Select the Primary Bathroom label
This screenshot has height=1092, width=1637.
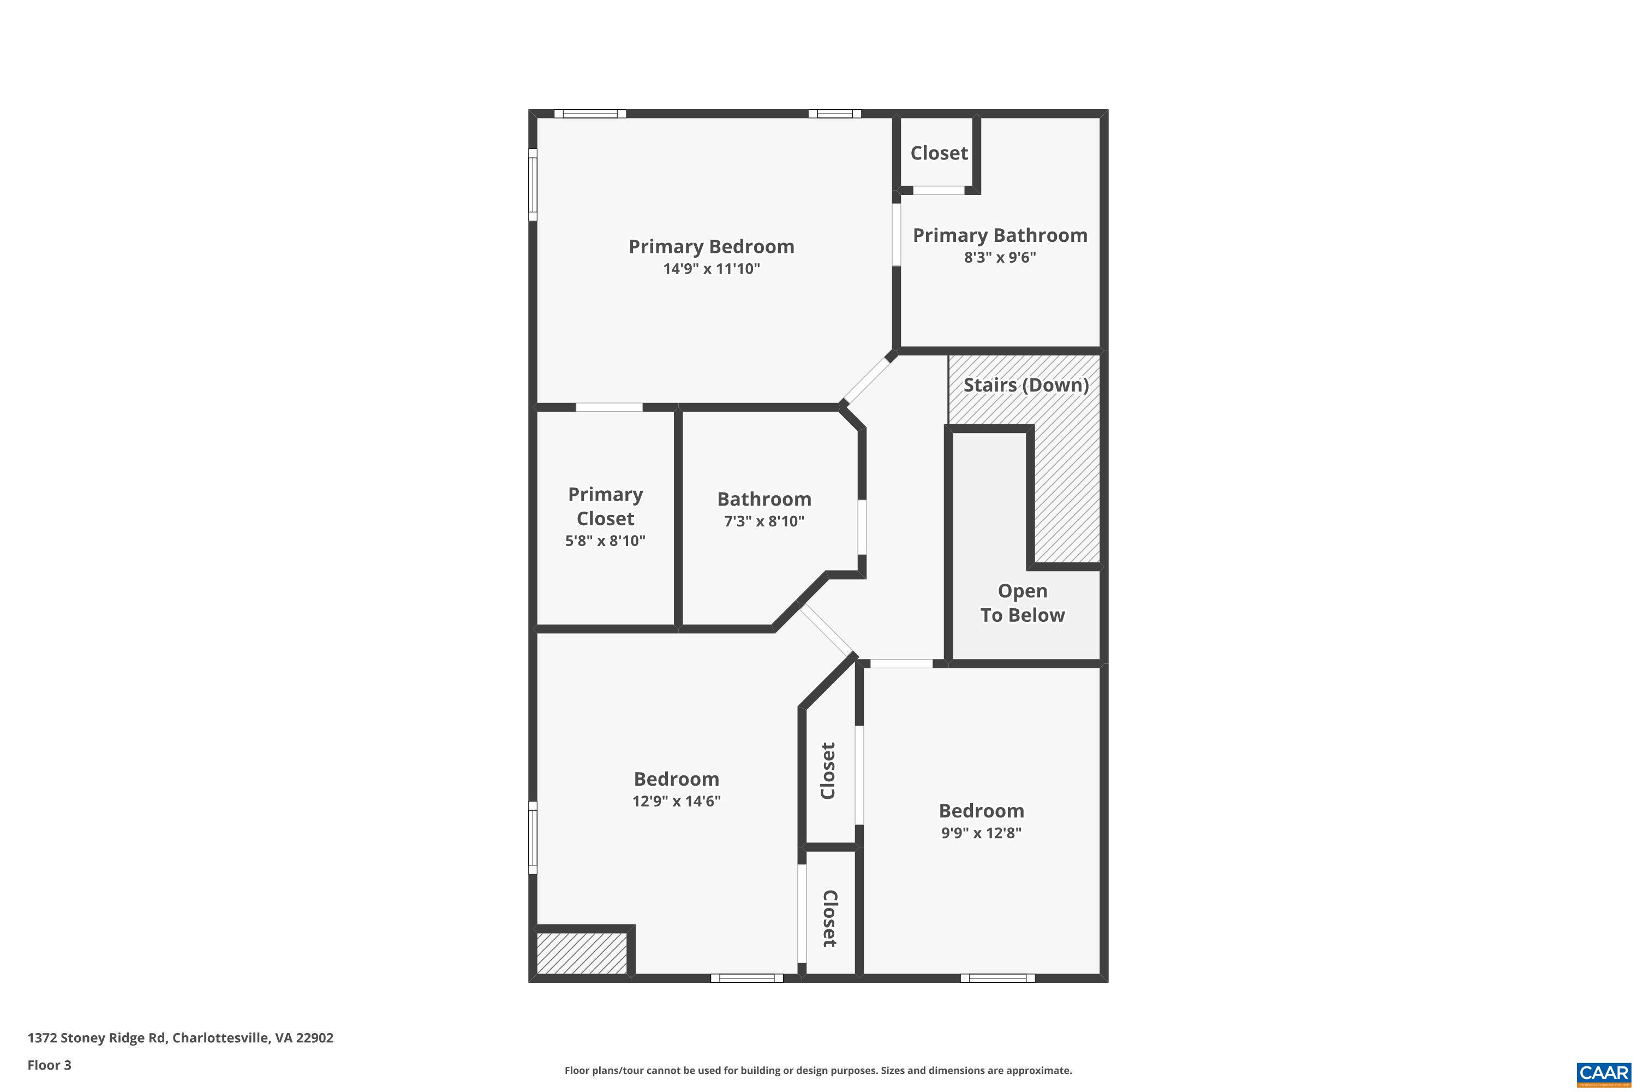[1000, 235]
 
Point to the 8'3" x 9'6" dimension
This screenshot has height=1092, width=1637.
[1000, 257]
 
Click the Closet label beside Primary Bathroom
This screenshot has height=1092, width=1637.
[939, 153]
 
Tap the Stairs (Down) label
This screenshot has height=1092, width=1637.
[1025, 384]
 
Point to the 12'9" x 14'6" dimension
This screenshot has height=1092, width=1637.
[676, 801]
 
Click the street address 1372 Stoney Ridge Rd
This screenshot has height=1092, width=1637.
[180, 1038]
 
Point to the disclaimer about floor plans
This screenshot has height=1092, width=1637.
[818, 1070]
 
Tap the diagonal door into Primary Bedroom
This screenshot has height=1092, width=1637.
[867, 379]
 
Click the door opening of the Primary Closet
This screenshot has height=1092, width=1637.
[608, 407]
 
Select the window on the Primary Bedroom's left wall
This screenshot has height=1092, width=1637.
[533, 185]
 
